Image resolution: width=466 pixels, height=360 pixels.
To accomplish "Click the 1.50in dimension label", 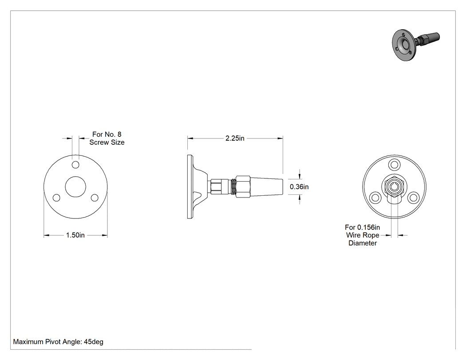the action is tap(75, 235).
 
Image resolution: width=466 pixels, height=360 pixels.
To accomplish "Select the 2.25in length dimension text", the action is tap(235, 138).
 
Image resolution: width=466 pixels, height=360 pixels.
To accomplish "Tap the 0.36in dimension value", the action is tap(299, 187).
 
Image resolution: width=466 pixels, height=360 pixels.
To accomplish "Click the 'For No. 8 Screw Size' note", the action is tap(107, 138).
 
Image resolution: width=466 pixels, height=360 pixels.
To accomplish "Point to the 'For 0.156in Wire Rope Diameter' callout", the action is tap(363, 235).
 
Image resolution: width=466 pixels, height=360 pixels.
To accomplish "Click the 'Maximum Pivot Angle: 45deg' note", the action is tap(58, 341).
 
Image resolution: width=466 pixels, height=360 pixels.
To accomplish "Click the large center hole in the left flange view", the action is tap(75, 187).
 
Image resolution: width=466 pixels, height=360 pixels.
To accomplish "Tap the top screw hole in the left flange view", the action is tap(75, 165).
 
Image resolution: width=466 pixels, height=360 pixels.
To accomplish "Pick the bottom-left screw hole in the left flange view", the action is tap(56, 198).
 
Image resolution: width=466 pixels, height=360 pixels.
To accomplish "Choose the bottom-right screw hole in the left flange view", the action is tap(95, 198).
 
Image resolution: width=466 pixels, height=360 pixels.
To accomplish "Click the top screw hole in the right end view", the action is tap(395, 165).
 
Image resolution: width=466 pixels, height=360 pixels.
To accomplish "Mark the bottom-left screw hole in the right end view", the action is tap(375, 198).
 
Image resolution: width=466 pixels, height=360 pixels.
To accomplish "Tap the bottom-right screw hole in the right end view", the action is tap(413, 198).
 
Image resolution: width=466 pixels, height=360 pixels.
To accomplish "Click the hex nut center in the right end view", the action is tap(395, 187).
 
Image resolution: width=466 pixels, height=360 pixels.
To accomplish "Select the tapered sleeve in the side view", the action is tap(266, 187).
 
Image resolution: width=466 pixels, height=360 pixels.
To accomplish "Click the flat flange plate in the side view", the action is tap(190, 187).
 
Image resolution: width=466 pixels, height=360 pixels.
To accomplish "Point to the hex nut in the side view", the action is tap(242, 187).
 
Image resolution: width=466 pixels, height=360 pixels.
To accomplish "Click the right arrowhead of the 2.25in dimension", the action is tap(280, 138).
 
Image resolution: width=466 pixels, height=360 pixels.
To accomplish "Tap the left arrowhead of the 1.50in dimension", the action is tap(47, 235).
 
